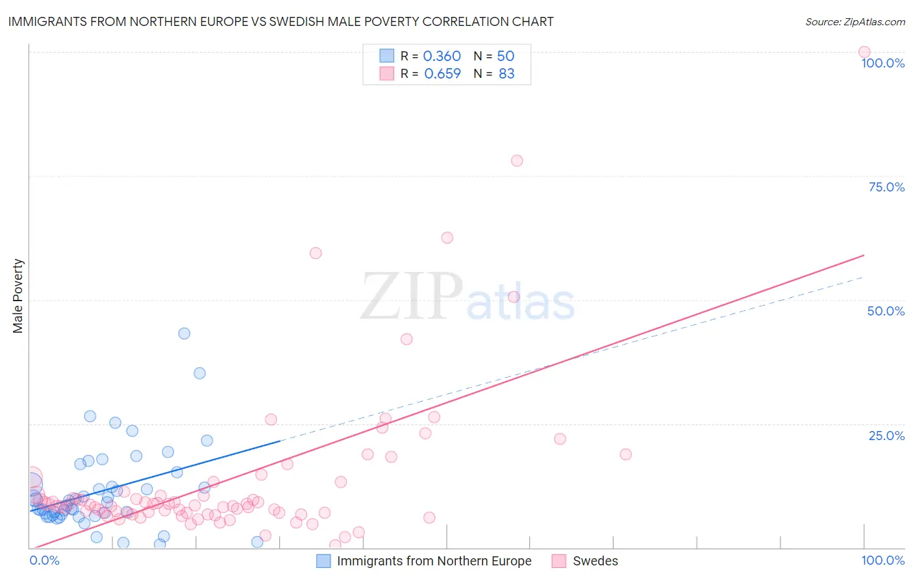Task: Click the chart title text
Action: coord(281,21)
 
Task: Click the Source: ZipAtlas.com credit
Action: coord(855,21)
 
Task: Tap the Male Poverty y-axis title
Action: coord(18,296)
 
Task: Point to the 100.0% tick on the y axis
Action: coord(882,63)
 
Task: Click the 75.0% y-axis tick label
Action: coord(886,187)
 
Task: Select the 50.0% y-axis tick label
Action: coord(886,311)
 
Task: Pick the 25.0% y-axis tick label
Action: coord(886,436)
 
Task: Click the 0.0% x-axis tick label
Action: coord(44,560)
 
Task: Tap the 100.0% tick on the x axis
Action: coord(882,560)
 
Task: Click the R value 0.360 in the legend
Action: coord(442,56)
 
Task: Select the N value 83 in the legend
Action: coord(507,74)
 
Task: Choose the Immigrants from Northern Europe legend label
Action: coord(434,561)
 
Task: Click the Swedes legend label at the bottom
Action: coord(595,561)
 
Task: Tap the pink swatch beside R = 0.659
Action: coord(386,73)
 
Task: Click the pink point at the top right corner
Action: coord(864,52)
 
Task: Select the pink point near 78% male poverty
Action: coord(517,160)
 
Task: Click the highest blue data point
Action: coord(184,333)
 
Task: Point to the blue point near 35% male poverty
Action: coord(200,373)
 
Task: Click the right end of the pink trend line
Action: coord(864,255)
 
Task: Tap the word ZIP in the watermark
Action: coord(412,297)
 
